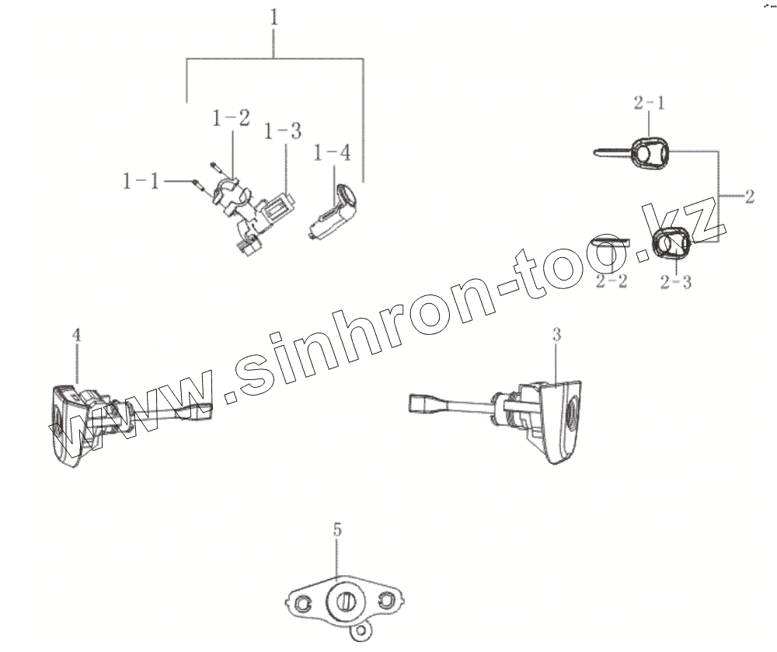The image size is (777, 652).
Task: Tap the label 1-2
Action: pyautogui.click(x=232, y=119)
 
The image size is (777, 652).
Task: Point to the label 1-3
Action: pyautogui.click(x=283, y=131)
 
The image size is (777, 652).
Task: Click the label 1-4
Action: pyautogui.click(x=332, y=153)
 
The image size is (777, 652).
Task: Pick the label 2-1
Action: pyautogui.click(x=650, y=103)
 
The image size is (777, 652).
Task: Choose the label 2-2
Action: pyautogui.click(x=611, y=282)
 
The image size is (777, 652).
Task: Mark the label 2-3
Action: pyautogui.click(x=675, y=282)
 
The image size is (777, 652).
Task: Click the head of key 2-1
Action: pyautogui.click(x=650, y=153)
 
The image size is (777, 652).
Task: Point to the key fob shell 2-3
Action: pyautogui.click(x=670, y=245)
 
